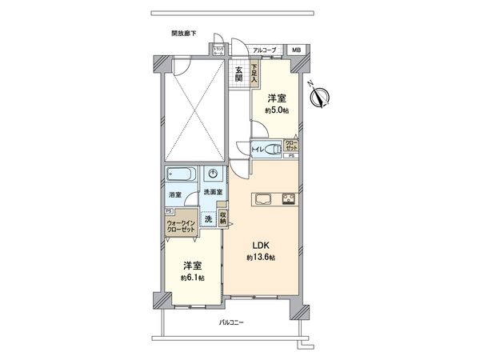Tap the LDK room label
(x=261, y=245)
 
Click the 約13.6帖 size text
(x=261, y=258)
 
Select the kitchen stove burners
(x=288, y=198)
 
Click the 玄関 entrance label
(x=239, y=74)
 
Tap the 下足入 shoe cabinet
(x=254, y=74)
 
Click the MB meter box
(x=296, y=50)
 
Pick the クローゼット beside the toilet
(x=291, y=146)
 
